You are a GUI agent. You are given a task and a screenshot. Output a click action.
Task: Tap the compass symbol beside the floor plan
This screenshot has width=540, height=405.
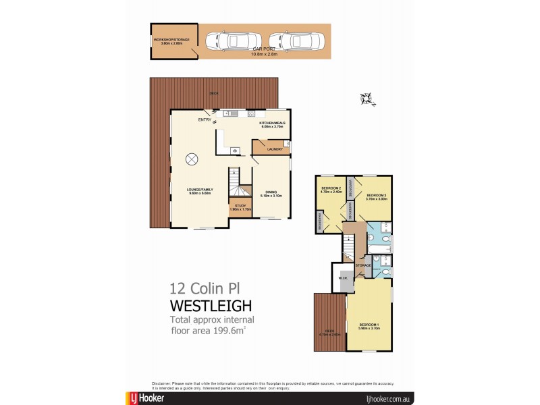point(367,99)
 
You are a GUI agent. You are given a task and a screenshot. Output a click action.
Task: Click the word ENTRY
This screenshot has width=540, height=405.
point(204,120)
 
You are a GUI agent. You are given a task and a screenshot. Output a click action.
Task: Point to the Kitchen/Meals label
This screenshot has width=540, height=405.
point(273,124)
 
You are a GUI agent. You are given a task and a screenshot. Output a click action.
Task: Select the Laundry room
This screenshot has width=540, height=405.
point(273,149)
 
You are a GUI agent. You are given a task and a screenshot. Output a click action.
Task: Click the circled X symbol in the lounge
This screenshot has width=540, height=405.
point(192,159)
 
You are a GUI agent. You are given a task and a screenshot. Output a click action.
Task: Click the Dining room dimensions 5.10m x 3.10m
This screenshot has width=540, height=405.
point(271,196)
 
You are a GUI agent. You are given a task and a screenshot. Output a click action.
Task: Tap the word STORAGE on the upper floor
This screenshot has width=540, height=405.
point(363,265)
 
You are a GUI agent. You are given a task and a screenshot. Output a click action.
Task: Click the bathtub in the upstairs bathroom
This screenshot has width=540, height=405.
point(377,259)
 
